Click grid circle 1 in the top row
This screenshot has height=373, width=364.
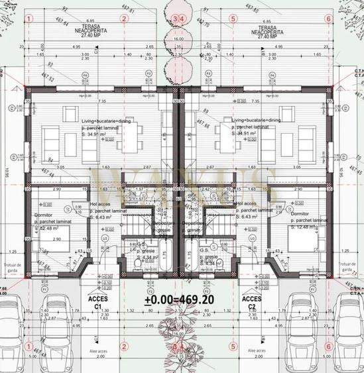(28, 19)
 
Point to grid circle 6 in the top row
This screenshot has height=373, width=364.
(330, 19)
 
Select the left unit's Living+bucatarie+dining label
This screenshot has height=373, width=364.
(107, 121)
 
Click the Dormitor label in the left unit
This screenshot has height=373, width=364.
(42, 214)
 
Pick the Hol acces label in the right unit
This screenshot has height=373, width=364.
(247, 204)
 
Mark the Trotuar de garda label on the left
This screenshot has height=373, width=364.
(11, 267)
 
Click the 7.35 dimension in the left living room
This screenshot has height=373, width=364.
(102, 101)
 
